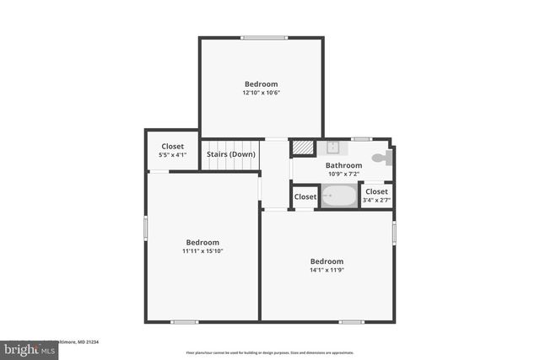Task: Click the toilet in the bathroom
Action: [381, 158]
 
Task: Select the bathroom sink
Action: [332, 148]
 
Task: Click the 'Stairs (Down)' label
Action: [231, 154]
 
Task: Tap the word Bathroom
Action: [344, 165]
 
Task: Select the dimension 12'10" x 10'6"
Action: [261, 93]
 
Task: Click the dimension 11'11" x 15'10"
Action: [202, 250]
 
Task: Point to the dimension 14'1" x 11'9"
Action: [327, 270]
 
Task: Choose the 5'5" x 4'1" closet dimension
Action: [172, 155]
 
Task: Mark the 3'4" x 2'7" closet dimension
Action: [376, 200]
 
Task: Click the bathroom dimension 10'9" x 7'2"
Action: [344, 174]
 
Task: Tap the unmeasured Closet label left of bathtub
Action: [305, 196]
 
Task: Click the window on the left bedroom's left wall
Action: [146, 227]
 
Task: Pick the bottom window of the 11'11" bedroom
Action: [184, 321]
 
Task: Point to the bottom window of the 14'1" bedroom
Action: [351, 321]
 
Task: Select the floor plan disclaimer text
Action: [270, 352]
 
